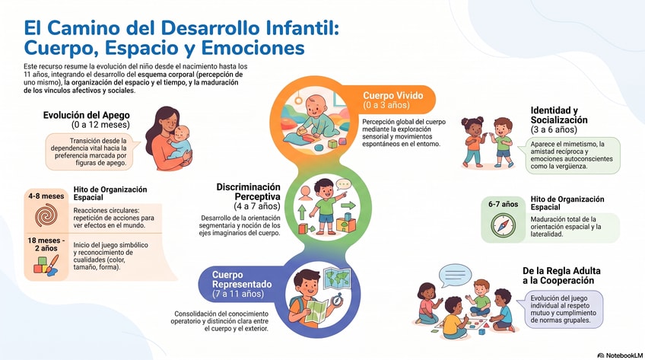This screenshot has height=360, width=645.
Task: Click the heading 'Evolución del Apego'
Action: click(x=87, y=115)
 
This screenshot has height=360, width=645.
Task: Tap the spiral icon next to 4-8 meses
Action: click(x=46, y=215)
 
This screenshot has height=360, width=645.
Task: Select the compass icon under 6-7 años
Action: click(x=503, y=225)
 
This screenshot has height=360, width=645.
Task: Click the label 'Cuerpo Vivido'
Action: click(x=392, y=95)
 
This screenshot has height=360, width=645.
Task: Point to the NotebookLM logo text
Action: click(x=620, y=355)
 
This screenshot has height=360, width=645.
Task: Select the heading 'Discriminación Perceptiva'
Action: click(x=249, y=192)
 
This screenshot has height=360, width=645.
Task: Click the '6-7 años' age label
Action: click(x=503, y=204)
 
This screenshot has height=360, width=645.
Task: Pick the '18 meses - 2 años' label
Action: click(x=46, y=244)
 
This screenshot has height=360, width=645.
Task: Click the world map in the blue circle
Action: click(x=337, y=278)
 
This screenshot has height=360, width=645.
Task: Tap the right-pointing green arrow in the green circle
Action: click(x=348, y=205)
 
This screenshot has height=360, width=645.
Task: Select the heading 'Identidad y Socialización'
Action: click(x=558, y=115)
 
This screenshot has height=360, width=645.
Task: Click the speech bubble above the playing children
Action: click(x=455, y=275)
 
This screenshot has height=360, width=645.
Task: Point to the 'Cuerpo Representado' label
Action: click(x=242, y=279)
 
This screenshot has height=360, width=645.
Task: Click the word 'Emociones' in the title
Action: click(x=253, y=48)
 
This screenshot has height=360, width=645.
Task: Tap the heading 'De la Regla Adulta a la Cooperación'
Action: click(x=561, y=276)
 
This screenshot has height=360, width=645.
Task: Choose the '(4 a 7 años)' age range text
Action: click(x=257, y=205)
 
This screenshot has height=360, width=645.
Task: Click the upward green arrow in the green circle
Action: click(x=302, y=212)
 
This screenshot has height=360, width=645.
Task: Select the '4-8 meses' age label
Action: click(x=46, y=196)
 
